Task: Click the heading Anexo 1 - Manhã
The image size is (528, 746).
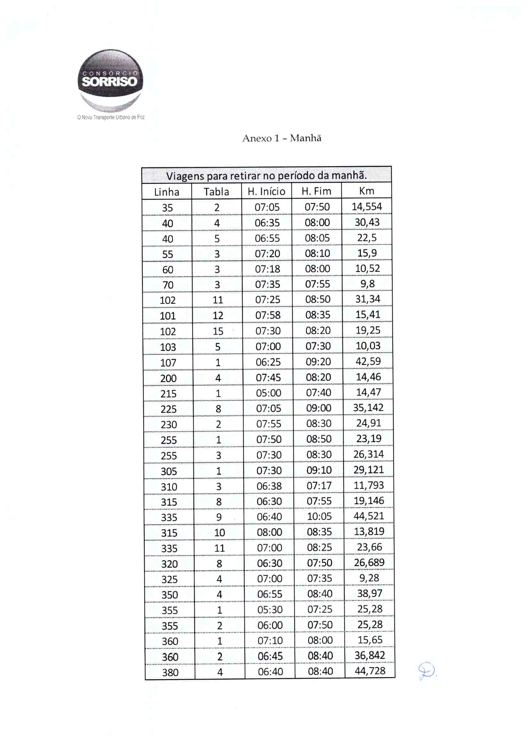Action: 282,138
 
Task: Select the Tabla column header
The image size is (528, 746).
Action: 216,192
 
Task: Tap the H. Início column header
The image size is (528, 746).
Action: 266,191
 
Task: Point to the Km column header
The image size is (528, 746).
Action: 366,191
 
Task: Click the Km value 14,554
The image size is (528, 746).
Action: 367,207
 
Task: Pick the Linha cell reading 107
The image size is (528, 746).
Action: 168,362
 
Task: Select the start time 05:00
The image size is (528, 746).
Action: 268,393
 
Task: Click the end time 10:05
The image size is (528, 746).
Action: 319,516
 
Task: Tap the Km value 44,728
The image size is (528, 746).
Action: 370,671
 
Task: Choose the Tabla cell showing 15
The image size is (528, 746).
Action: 218,331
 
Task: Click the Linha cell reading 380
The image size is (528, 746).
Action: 170,672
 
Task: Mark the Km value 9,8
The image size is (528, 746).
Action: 367,284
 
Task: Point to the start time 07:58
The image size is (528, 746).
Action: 268,315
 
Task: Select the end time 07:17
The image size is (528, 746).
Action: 319,485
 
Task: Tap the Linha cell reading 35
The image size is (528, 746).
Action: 167,208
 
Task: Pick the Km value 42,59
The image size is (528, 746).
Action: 368,361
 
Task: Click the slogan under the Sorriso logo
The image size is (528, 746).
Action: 111,117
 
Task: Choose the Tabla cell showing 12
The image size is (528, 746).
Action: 218,316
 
